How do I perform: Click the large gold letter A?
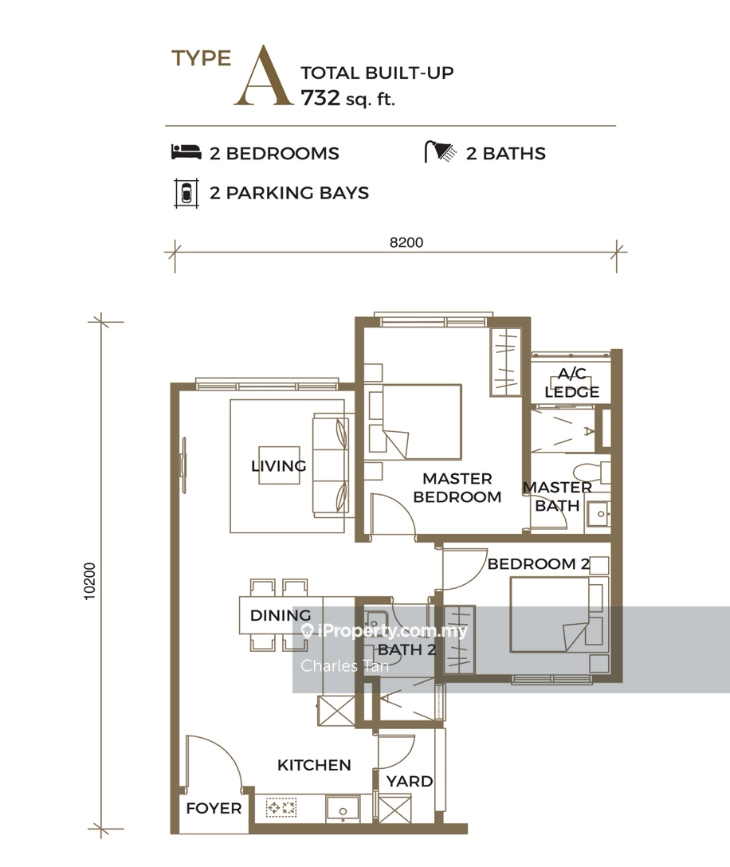click(x=263, y=76)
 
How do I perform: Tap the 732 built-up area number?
click(x=320, y=98)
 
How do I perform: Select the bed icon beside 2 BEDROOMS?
click(x=186, y=152)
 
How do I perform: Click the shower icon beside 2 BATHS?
click(x=440, y=151)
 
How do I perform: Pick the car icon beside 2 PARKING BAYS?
click(x=186, y=193)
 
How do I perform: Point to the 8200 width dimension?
click(x=406, y=242)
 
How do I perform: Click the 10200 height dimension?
click(x=89, y=581)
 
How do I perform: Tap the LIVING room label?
click(x=279, y=466)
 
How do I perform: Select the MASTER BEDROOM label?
click(x=457, y=488)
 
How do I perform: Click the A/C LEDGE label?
click(x=572, y=382)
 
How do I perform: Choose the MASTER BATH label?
click(x=557, y=496)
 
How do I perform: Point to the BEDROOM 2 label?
click(x=539, y=564)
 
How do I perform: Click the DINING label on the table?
click(x=281, y=615)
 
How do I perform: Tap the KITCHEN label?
click(x=314, y=765)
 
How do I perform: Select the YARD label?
click(x=410, y=781)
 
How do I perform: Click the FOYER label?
click(x=214, y=808)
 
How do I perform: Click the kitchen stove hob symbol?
click(x=281, y=807)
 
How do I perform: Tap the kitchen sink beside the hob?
click(x=343, y=808)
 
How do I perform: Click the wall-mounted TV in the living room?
click(x=183, y=465)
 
